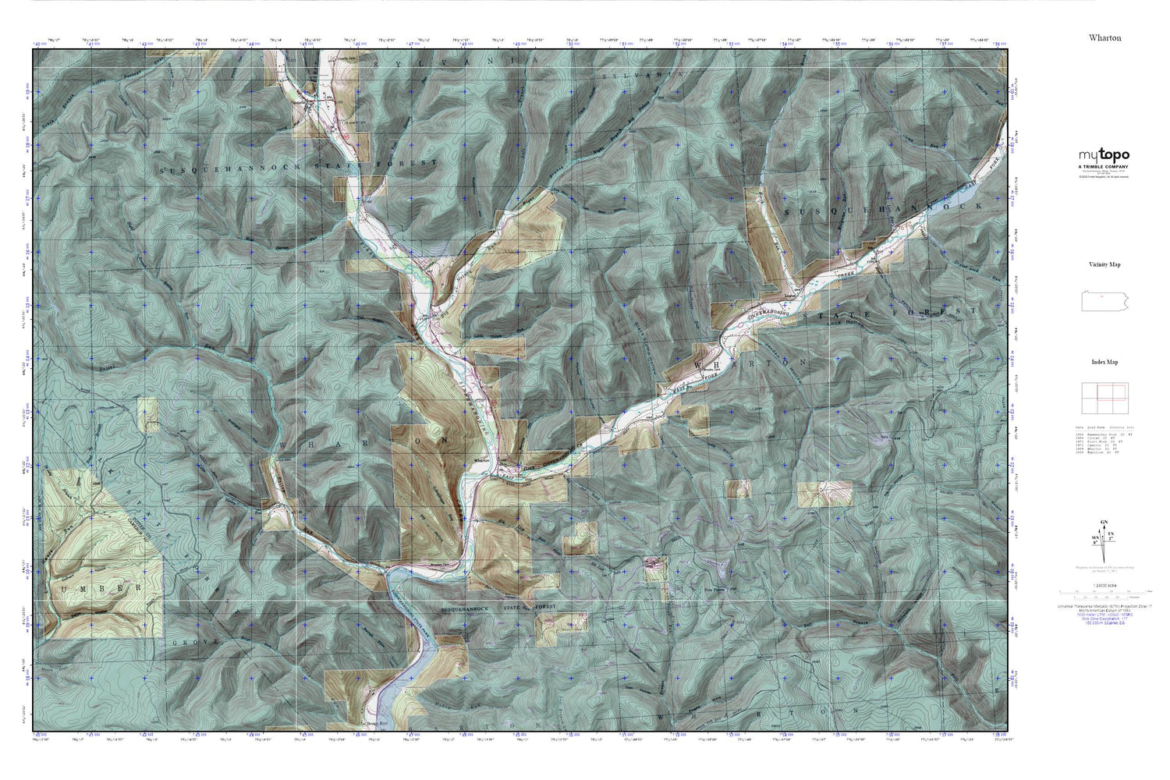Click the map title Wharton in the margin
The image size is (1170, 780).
(x=1104, y=37)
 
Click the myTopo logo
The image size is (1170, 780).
(x=1104, y=156)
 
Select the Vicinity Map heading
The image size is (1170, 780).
(x=1104, y=264)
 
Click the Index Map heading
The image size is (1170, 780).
(x=1104, y=362)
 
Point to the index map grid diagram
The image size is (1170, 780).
(x=1104, y=399)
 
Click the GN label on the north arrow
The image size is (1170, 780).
(x=1103, y=522)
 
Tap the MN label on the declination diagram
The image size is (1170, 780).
(x=1095, y=537)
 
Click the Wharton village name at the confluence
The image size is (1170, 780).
(x=481, y=461)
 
